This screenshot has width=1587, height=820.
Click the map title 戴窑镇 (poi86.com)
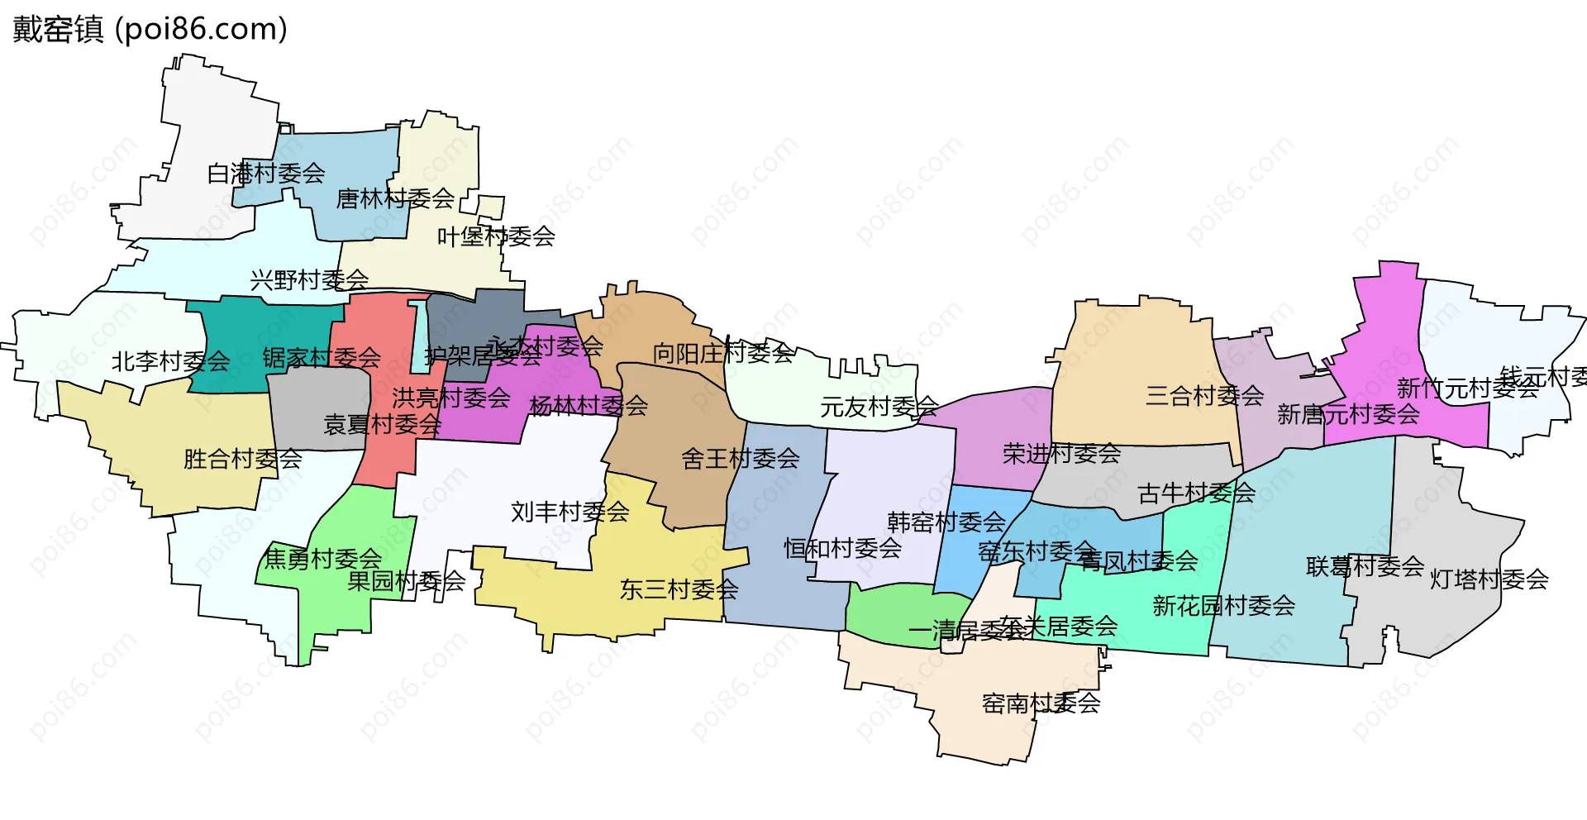(150, 29)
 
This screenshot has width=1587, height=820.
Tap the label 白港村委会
(266, 174)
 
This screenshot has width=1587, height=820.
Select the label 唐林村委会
(395, 198)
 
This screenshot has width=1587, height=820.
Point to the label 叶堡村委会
(496, 237)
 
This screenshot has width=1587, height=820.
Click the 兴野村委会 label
(309, 280)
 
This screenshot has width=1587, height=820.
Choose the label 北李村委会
(171, 361)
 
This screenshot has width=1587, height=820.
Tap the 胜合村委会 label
(243, 459)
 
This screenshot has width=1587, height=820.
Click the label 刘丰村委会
(570, 512)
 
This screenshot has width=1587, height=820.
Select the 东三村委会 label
(679, 589)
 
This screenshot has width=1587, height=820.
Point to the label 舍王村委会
(741, 459)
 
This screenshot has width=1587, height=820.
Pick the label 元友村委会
(879, 407)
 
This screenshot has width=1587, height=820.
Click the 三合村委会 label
(1205, 396)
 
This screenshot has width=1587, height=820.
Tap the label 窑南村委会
(1041, 703)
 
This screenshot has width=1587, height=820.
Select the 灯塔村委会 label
(1489, 579)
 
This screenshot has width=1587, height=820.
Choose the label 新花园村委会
(1224, 606)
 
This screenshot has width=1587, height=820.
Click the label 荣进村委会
(1062, 454)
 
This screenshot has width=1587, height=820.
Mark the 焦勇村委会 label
(323, 560)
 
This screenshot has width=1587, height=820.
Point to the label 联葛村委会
(1365, 566)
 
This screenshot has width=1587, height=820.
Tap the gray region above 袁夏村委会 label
(318, 393)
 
